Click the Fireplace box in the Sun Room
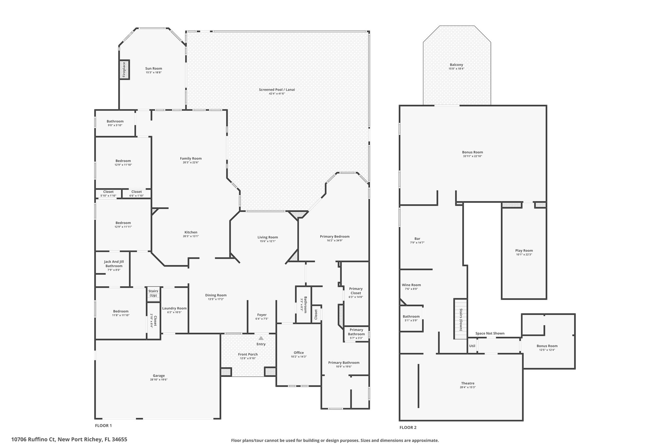coord(124,69)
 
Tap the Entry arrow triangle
coord(261,338)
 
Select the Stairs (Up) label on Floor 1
coord(153,293)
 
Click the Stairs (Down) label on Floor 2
coord(461,320)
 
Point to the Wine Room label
coord(411,285)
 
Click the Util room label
coord(472,346)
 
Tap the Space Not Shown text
coord(490,333)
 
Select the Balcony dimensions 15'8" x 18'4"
coord(456,69)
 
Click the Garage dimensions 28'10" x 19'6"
coord(159,380)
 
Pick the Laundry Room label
coord(174,308)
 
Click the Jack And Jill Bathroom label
coord(114,264)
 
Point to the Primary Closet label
coord(356,291)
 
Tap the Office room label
coord(298,353)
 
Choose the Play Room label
coord(524,251)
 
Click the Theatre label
coord(467,383)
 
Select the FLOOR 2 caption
coord(408,427)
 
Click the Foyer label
coord(262,315)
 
